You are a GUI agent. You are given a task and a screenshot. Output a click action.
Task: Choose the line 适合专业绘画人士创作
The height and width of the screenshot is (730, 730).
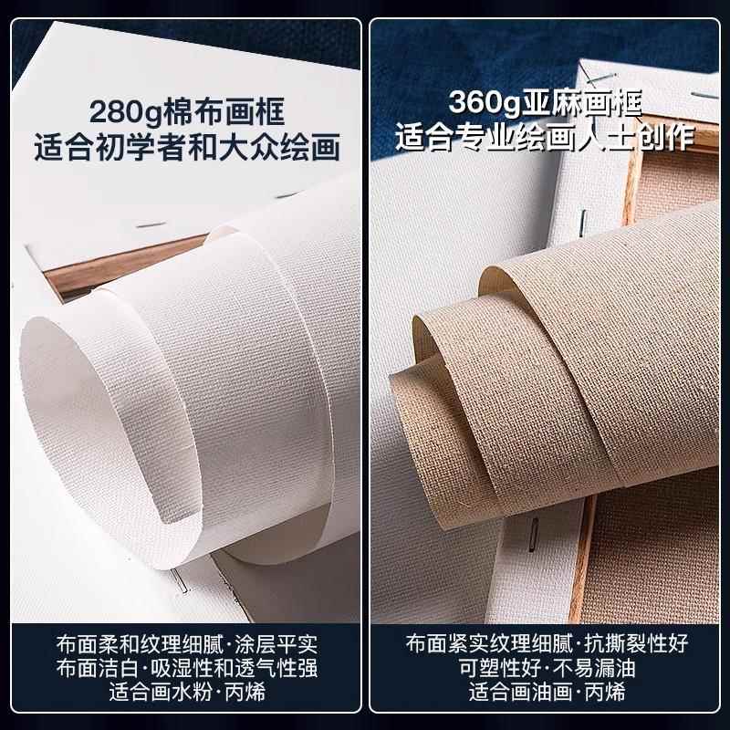pos(544,137)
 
